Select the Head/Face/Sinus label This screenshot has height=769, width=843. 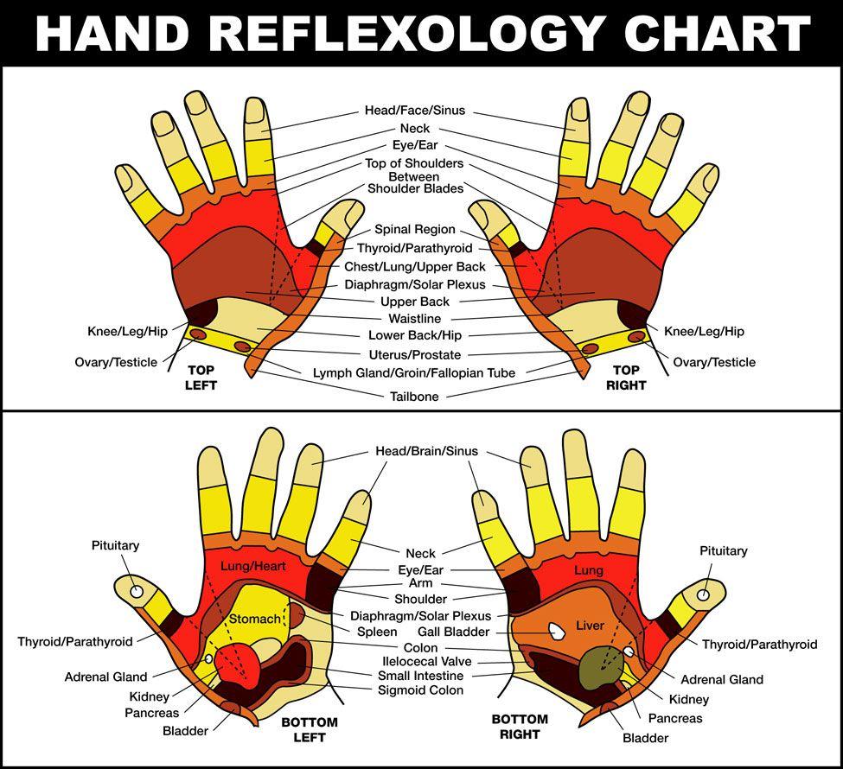pos(414,111)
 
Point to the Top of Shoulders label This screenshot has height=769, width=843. pos(414,163)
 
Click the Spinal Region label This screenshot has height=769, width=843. pos(414,230)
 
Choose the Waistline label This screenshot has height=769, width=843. pos(414,318)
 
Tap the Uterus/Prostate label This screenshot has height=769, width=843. pos(414,355)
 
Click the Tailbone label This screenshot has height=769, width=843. pos(414,397)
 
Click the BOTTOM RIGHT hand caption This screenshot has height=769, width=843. pos(520,727)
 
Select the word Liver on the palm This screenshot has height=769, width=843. pos(591,626)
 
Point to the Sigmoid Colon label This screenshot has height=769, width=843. pos(420,690)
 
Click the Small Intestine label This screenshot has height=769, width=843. pos(420,676)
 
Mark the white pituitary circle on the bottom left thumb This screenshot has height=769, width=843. pos(137,591)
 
